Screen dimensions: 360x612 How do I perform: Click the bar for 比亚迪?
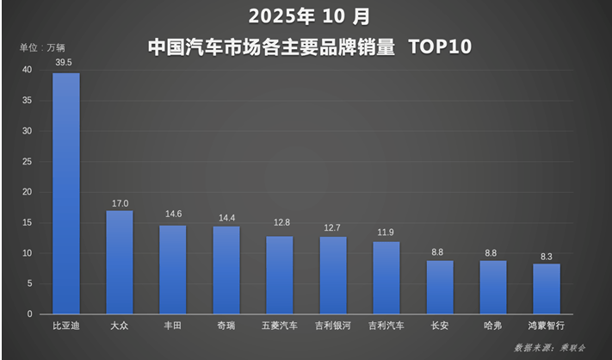[x=66, y=194]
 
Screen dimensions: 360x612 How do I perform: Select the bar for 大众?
[x=120, y=263]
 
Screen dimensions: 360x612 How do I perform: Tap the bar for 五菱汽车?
[x=280, y=275]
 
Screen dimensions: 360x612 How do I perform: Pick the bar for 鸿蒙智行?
[x=547, y=289]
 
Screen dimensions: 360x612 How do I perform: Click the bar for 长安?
[x=440, y=287]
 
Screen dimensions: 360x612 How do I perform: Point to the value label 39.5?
[x=66, y=63]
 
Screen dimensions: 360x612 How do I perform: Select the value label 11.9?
[x=386, y=232]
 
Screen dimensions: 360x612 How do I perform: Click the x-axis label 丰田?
[x=173, y=326]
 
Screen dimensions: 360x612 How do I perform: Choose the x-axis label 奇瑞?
[x=226, y=326]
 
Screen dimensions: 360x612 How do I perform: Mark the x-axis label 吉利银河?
[x=333, y=326]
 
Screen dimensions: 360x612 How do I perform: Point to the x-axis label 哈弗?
[x=493, y=326]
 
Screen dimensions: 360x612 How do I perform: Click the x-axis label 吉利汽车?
[x=386, y=326]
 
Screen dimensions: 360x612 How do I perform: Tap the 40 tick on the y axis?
[x=28, y=70]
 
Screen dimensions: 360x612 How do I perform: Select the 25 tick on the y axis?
[x=28, y=162]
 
